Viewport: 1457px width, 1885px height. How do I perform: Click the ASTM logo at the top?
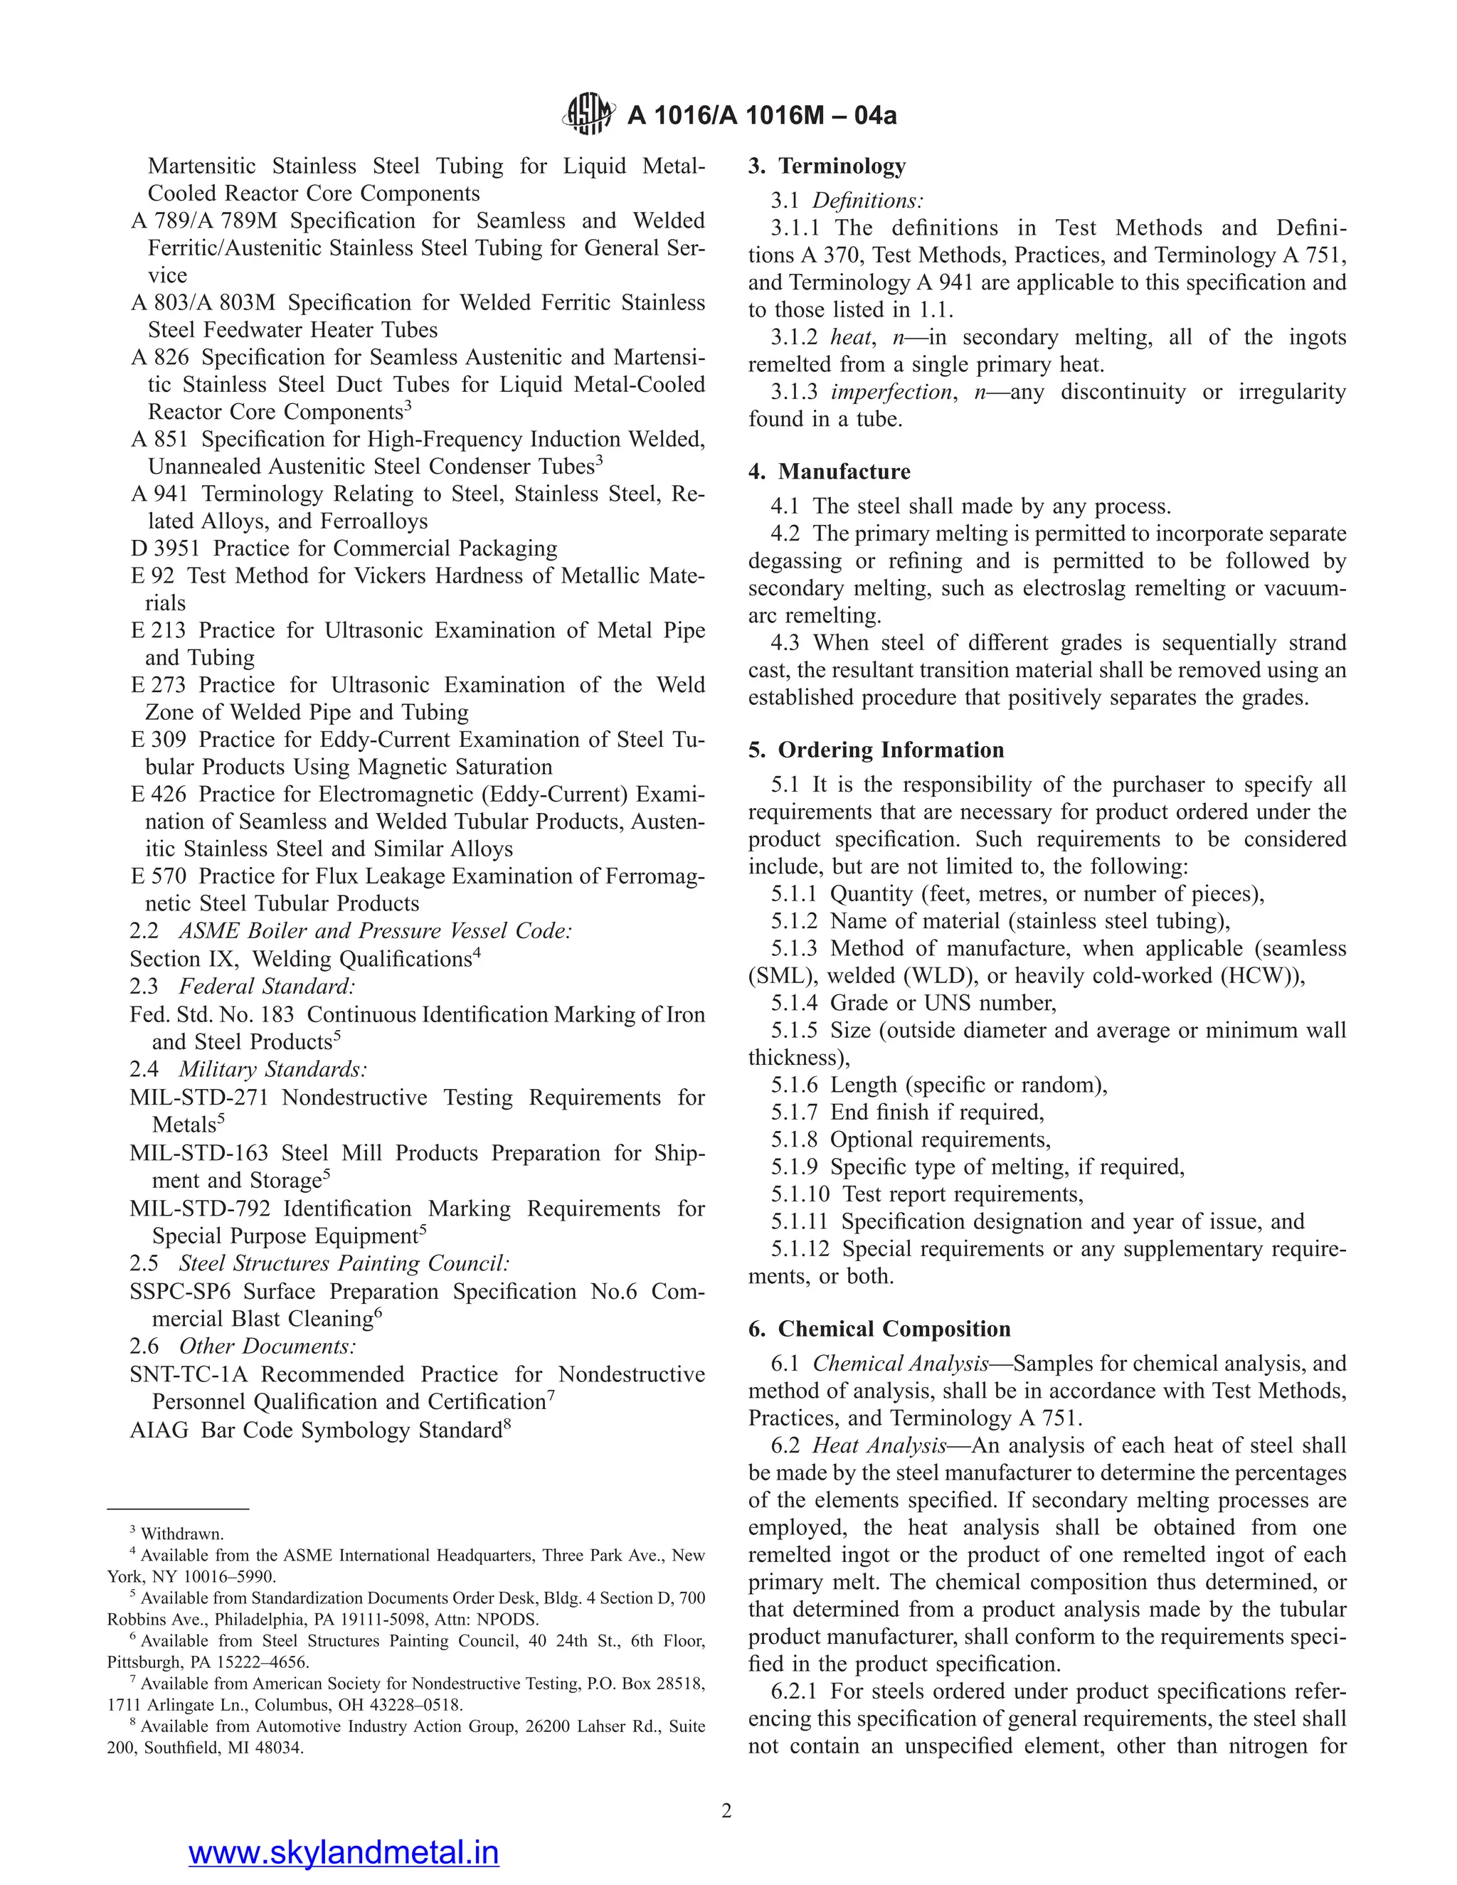tap(588, 115)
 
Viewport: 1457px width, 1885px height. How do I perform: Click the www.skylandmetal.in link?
tap(344, 1852)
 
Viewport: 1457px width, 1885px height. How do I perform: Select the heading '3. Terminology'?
tap(827, 166)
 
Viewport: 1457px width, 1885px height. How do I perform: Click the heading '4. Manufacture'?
tap(829, 471)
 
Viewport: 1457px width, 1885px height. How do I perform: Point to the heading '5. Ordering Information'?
tap(876, 750)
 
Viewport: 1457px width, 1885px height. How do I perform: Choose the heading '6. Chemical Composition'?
tap(879, 1329)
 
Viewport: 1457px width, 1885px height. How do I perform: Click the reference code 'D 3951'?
tap(164, 549)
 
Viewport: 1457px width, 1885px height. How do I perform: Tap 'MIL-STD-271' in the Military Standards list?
tap(199, 1098)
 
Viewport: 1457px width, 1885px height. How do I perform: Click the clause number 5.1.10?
tap(800, 1194)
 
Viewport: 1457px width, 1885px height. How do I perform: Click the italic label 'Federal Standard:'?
tap(267, 987)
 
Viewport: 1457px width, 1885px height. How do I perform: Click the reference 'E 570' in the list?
tap(158, 876)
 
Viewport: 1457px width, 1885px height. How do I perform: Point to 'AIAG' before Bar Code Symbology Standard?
tap(159, 1430)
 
